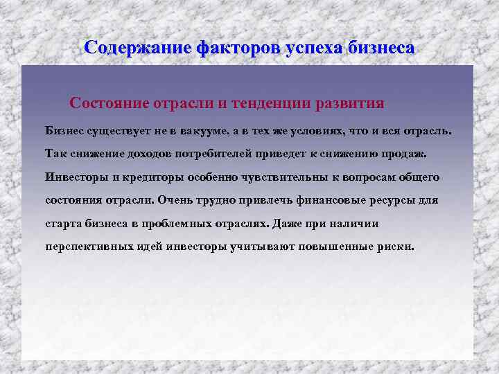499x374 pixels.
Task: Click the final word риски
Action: pyautogui.click(x=395, y=247)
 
